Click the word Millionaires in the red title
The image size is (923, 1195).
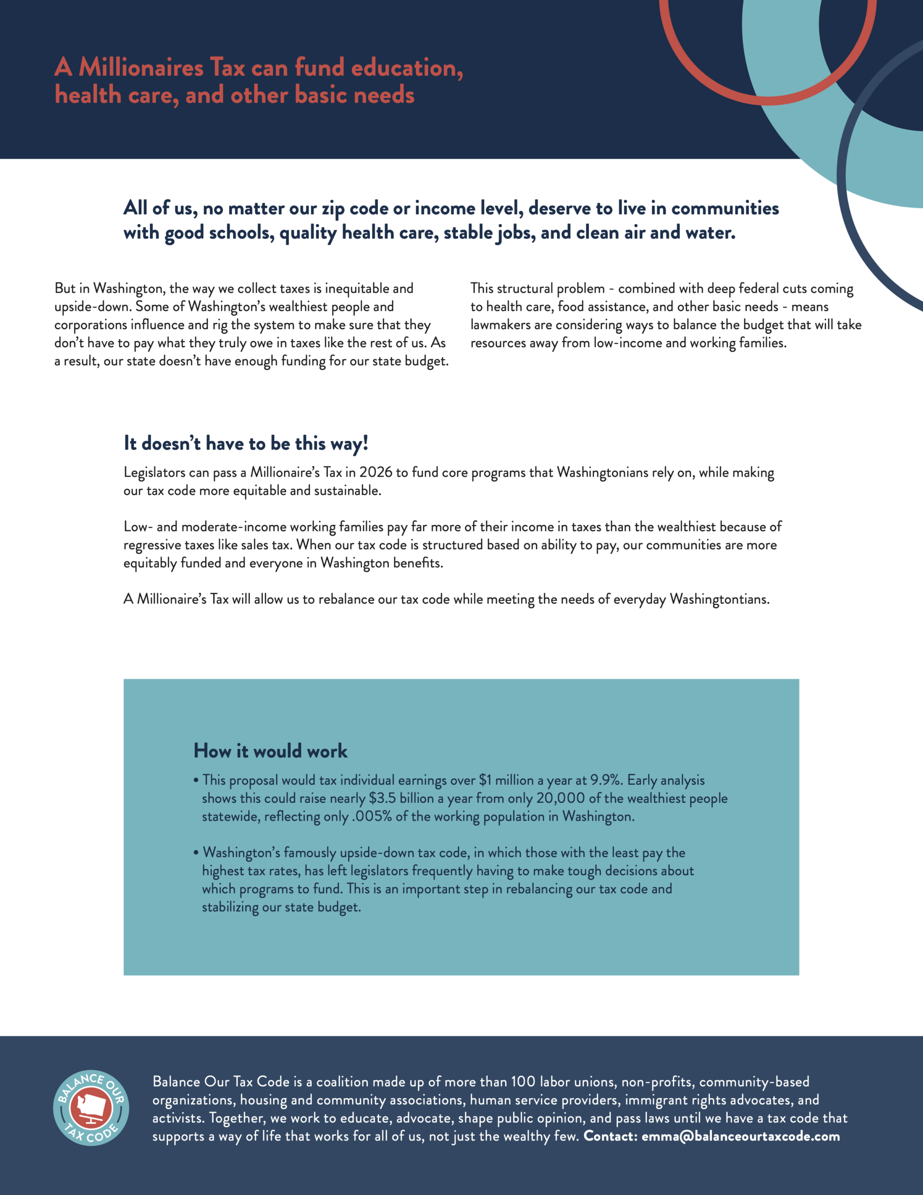coord(141,68)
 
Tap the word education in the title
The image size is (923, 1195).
coord(406,68)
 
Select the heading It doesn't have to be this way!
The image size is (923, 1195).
coord(245,443)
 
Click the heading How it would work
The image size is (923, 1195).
coord(270,751)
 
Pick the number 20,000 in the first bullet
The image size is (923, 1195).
coord(560,798)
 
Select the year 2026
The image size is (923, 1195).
coord(376,472)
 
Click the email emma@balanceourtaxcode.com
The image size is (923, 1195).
coord(741,1137)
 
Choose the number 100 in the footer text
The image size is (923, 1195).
coord(523,1082)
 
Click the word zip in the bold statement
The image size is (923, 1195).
coord(333,209)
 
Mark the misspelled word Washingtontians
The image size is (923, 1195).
coord(720,599)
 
